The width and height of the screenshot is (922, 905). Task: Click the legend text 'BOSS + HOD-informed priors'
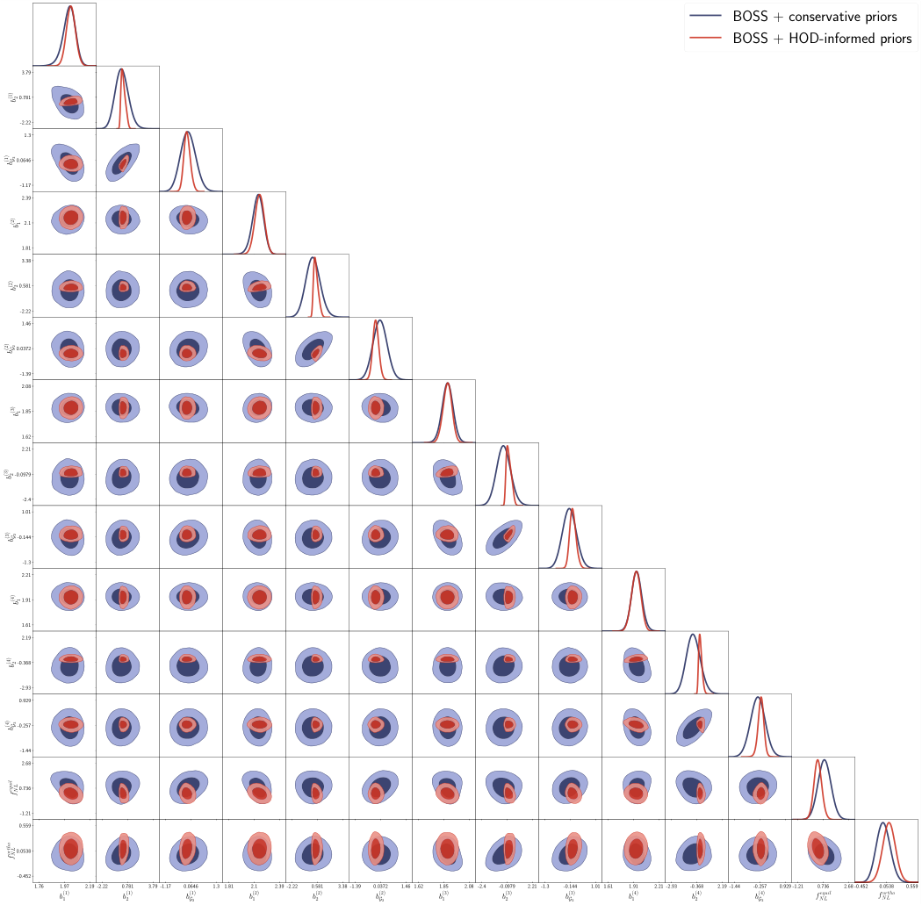coord(822,39)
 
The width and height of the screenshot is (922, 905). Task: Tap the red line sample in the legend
coord(705,39)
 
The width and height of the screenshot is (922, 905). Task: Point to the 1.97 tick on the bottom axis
coord(64,887)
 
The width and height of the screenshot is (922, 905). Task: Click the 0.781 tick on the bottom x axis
coord(127,887)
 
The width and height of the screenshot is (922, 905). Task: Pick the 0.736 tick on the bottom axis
coord(823,887)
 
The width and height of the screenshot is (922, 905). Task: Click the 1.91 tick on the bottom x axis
coord(633,887)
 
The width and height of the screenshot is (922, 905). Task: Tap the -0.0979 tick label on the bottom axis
coord(507,887)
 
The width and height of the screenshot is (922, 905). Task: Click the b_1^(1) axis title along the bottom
coord(64,896)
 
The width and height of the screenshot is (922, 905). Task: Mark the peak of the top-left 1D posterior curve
coord(70,7)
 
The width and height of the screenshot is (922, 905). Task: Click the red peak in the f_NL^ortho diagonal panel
coord(890,822)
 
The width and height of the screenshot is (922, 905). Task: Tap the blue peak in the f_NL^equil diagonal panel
coord(825,760)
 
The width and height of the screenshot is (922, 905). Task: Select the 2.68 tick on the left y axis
coord(26,764)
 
